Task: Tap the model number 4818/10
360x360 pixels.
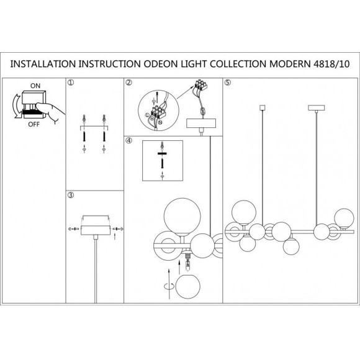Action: [x=331, y=64]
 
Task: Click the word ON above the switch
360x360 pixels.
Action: [x=35, y=86]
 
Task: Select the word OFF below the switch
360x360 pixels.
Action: [x=34, y=124]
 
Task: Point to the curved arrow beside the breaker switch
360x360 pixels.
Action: [x=16, y=106]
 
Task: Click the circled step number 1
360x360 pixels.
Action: [x=71, y=83]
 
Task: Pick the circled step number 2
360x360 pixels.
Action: [x=129, y=83]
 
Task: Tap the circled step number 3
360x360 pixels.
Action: [x=71, y=195]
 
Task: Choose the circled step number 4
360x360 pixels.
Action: [x=129, y=140]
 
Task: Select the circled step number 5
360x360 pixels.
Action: [x=227, y=83]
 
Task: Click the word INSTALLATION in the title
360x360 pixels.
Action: [x=43, y=64]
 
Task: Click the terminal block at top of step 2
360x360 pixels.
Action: [x=200, y=85]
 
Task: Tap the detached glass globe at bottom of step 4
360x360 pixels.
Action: [x=188, y=286]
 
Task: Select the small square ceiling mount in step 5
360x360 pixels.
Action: [x=262, y=107]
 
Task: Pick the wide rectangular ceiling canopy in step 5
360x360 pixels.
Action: [x=317, y=107]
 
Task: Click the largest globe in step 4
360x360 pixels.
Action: [x=182, y=216]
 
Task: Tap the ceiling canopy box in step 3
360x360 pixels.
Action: [x=96, y=230]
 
